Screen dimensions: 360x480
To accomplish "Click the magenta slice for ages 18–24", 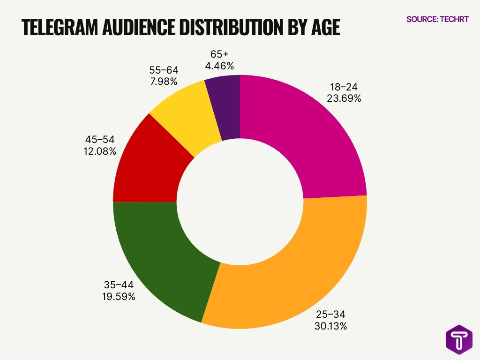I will point(309,136).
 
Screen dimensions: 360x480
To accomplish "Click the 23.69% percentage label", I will point(344,98).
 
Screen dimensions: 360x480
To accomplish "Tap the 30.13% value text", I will point(330,326).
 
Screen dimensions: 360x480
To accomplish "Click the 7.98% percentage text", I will point(164,82).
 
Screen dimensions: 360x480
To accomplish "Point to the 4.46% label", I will point(219,66).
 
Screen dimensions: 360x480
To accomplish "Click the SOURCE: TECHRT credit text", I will point(437,20).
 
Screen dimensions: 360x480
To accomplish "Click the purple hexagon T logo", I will point(458,339).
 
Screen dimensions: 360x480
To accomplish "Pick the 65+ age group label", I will point(219,54).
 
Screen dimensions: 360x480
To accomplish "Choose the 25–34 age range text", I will point(330,314).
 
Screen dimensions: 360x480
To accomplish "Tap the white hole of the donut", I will point(240,202).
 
